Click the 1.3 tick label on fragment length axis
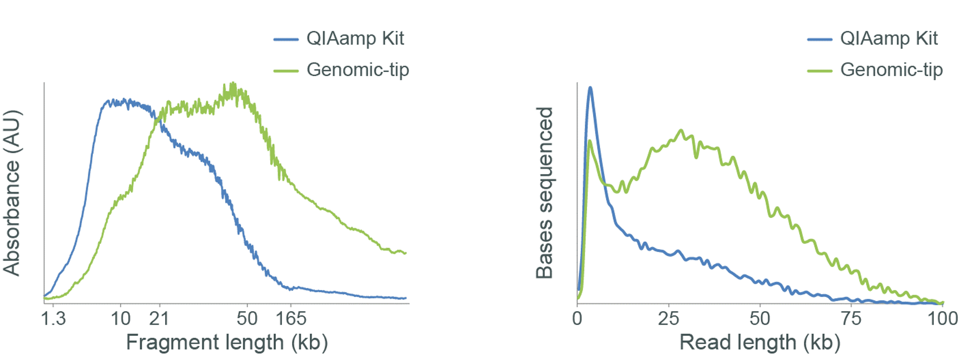click(x=53, y=319)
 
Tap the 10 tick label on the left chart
click(x=121, y=319)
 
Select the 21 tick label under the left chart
click(x=159, y=319)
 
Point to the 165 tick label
click(x=291, y=319)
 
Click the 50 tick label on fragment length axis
click(x=247, y=319)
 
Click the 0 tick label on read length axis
click(x=577, y=319)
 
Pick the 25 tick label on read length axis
click(x=668, y=319)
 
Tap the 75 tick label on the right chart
click(x=851, y=319)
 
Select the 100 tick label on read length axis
click(x=943, y=319)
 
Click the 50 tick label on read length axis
click(x=760, y=319)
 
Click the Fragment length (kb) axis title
click(x=227, y=343)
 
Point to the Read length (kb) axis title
click(x=760, y=343)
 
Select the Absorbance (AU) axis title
click(x=12, y=193)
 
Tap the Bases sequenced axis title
click(x=544, y=193)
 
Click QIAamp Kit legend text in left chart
click(x=355, y=39)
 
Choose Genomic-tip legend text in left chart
click(x=358, y=70)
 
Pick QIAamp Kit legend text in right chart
click(x=889, y=39)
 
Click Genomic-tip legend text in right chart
click(x=891, y=70)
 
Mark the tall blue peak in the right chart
click(x=590, y=88)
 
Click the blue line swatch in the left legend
click(x=286, y=39)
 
